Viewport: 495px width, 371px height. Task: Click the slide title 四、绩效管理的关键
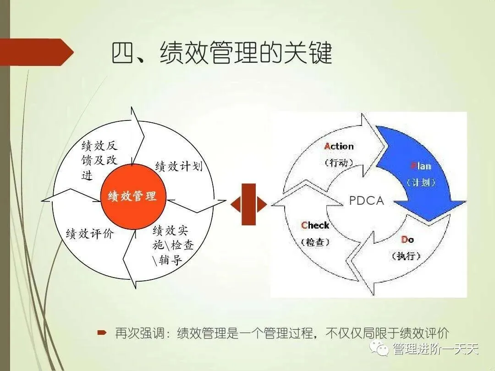[222, 55]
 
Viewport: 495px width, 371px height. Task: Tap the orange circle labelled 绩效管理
[132, 196]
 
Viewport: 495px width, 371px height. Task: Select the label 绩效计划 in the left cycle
[179, 166]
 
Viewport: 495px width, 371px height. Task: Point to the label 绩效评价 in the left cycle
[90, 234]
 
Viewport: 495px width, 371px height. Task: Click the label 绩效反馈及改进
[99, 160]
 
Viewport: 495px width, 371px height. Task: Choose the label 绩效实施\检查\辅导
[173, 246]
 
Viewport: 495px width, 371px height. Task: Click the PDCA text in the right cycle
[366, 201]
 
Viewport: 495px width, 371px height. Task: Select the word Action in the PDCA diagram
[339, 147]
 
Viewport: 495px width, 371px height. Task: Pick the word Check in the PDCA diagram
[315, 225]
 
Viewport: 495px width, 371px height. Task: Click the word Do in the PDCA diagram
[407, 240]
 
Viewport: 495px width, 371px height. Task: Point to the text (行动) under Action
[339, 163]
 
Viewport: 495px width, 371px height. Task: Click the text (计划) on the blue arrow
[421, 182]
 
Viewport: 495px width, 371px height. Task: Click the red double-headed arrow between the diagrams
[248, 204]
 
